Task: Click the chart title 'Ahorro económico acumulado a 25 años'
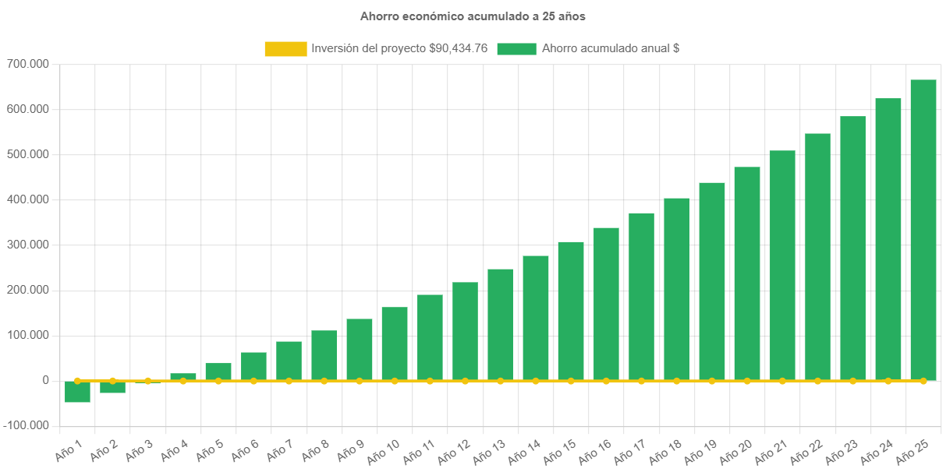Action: [x=473, y=16]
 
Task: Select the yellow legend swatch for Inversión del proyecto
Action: [x=285, y=48]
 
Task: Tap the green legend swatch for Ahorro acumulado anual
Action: [x=516, y=48]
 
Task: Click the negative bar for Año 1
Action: [x=77, y=393]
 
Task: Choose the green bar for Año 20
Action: [x=747, y=273]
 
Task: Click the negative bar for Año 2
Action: [x=112, y=388]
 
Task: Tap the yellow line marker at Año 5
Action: [x=218, y=381]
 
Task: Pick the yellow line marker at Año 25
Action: [x=923, y=381]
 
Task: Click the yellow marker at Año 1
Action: [x=77, y=381]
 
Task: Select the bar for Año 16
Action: [x=606, y=304]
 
